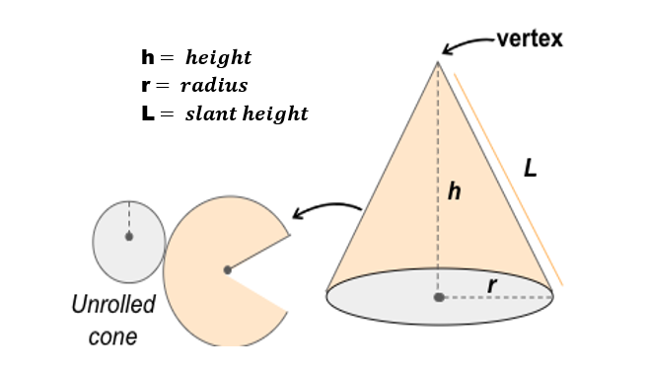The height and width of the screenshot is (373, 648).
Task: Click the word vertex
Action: tap(530, 39)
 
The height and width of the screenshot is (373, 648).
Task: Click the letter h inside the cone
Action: tap(455, 192)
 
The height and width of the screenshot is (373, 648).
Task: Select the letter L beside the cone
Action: tap(531, 169)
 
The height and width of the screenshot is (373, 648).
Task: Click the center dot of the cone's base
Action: tap(439, 296)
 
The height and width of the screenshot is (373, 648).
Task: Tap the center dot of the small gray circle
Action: tap(128, 237)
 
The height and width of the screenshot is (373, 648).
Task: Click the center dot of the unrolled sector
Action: tap(228, 269)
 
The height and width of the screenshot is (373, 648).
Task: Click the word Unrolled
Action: tap(113, 305)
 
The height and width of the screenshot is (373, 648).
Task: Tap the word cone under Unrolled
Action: tap(112, 336)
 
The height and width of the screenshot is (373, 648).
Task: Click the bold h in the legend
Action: tap(148, 57)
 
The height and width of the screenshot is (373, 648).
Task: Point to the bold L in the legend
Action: tap(148, 113)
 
